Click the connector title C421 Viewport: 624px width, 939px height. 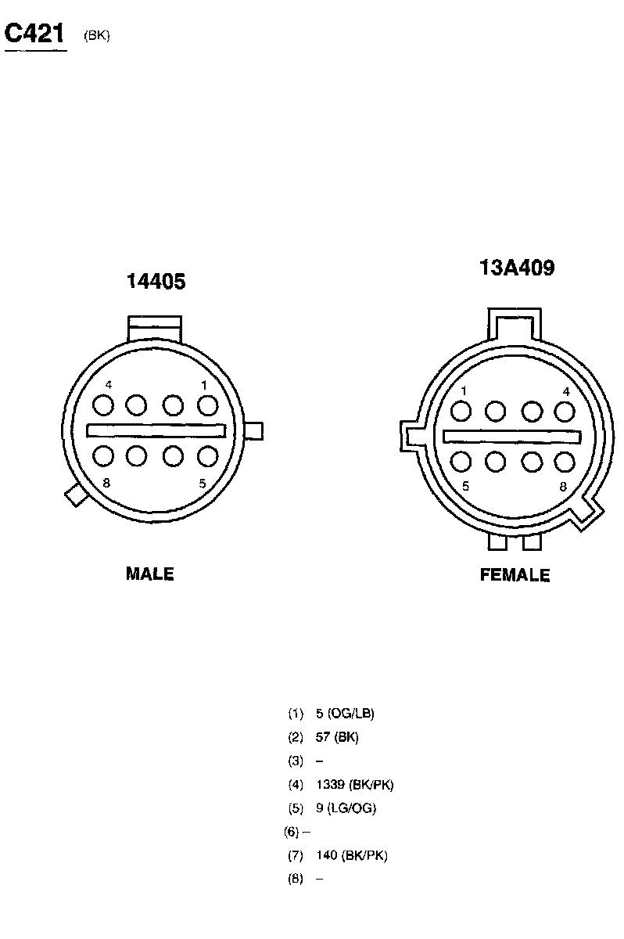click(x=34, y=33)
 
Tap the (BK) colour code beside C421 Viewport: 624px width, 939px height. click(x=97, y=36)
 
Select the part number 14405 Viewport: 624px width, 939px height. click(x=156, y=281)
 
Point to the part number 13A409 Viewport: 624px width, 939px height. click(x=517, y=268)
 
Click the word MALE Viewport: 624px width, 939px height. click(x=149, y=574)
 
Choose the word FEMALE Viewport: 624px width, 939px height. click(x=515, y=574)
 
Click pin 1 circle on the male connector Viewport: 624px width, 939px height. click(x=208, y=405)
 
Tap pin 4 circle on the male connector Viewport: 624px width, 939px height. click(x=103, y=405)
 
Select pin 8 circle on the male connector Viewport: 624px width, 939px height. click(x=103, y=456)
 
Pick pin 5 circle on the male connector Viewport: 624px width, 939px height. click(x=208, y=456)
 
